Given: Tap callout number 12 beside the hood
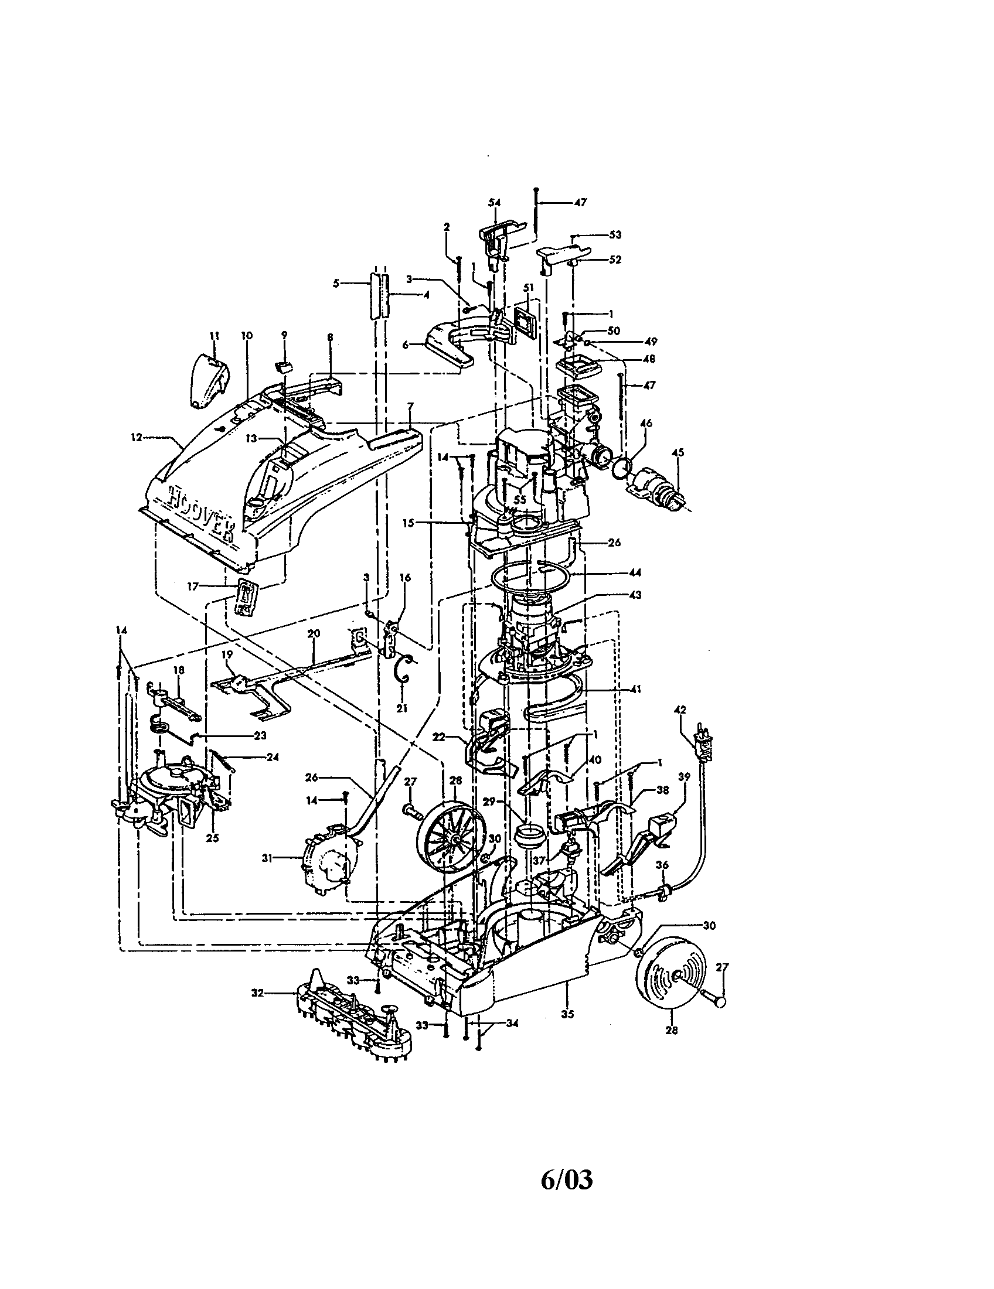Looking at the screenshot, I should [x=137, y=437].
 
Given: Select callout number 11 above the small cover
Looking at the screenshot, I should [x=215, y=335].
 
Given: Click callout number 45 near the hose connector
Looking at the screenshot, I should [x=678, y=453].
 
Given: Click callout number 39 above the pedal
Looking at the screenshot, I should [x=684, y=778].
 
